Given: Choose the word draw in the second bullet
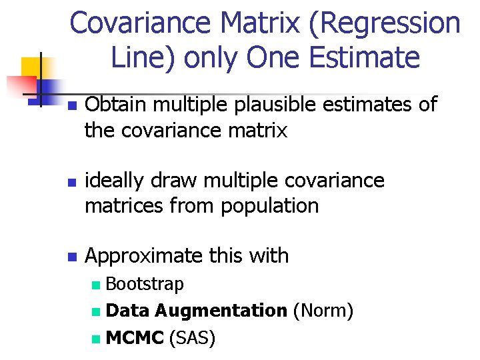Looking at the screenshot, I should pyautogui.click(x=180, y=181).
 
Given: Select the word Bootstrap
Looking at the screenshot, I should pyautogui.click(x=145, y=285).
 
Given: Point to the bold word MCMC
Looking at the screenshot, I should pyautogui.click(x=135, y=338).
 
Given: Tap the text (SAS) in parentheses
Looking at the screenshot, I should pyautogui.click(x=193, y=338).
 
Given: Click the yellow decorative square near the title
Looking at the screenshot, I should pyautogui.click(x=31, y=66).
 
